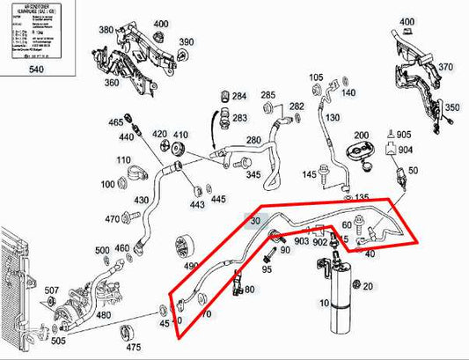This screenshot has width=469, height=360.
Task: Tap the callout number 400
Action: (x=160, y=23)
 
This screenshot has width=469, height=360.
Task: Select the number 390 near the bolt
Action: (x=187, y=42)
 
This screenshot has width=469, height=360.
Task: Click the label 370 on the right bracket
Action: (x=446, y=67)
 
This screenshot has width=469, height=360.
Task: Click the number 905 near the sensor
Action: (x=403, y=134)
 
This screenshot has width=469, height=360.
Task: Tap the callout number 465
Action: (x=115, y=121)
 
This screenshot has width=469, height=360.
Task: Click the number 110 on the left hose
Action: (x=123, y=160)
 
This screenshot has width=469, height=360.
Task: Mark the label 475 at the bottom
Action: (x=134, y=348)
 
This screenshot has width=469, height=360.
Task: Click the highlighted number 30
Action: (x=256, y=222)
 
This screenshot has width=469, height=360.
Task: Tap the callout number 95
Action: (x=267, y=269)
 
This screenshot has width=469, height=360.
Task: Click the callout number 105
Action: (x=317, y=77)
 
